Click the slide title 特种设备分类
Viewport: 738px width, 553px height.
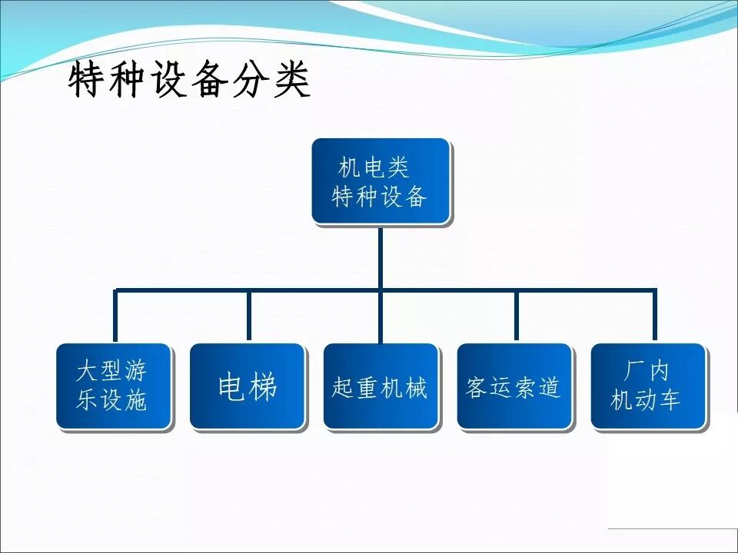point(189,80)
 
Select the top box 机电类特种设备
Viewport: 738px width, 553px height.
point(380,181)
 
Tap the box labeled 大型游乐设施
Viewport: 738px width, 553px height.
point(113,386)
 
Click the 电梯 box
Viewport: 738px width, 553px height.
point(248,386)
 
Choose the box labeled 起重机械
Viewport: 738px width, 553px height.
point(381,386)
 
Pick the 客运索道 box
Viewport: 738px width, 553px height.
point(514,386)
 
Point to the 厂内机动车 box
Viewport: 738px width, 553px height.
point(647,386)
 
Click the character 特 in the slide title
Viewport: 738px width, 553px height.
point(86,80)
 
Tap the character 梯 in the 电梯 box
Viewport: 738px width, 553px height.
point(263,387)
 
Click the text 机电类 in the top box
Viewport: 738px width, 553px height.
point(374,167)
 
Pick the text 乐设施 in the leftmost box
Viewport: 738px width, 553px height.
point(111,401)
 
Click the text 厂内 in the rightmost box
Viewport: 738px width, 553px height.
point(646,372)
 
